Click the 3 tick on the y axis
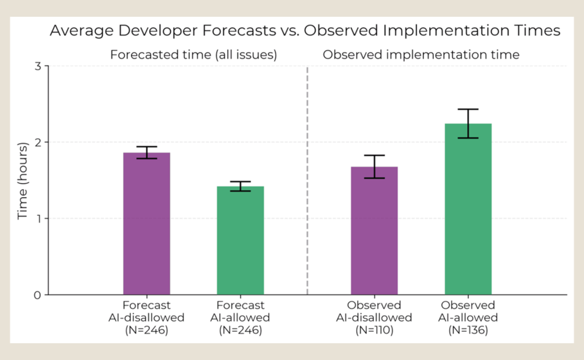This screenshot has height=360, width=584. (x=37, y=66)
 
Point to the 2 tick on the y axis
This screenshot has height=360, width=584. (x=37, y=142)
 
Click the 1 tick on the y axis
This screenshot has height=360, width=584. (x=37, y=219)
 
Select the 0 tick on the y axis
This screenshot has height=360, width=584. (x=37, y=295)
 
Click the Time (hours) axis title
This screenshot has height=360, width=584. (x=23, y=180)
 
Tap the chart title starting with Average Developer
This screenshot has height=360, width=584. (x=305, y=31)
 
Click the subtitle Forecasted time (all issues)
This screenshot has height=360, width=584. (x=194, y=56)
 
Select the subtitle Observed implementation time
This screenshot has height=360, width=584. (x=421, y=56)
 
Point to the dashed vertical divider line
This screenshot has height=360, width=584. (x=308, y=175)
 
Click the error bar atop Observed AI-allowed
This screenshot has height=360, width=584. (x=468, y=123)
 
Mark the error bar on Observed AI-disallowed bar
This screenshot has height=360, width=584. (x=374, y=167)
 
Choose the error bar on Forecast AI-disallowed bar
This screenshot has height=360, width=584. (x=147, y=153)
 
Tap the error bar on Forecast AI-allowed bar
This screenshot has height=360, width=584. (x=241, y=186)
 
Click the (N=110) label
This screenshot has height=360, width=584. (x=374, y=330)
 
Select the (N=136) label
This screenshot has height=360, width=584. (x=468, y=330)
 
